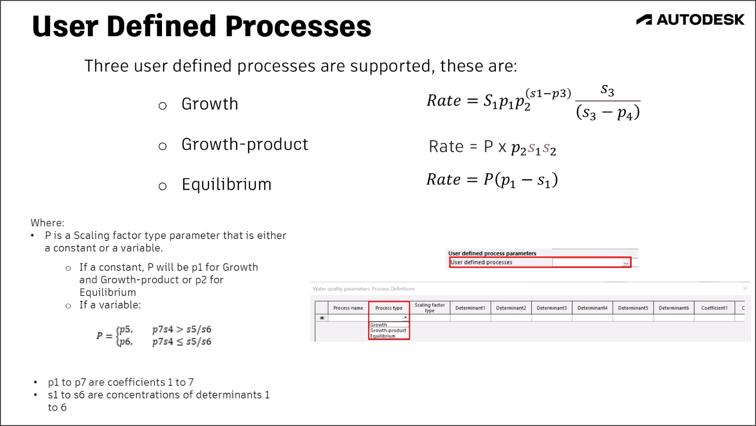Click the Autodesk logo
[690, 20]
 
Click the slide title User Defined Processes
[201, 27]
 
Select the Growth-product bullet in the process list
[244, 144]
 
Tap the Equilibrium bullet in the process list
[226, 185]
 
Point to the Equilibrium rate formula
[492, 180]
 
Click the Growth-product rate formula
[492, 147]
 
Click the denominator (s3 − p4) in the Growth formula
[608, 113]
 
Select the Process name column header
[348, 308]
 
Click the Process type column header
[389, 308]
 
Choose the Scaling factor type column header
[430, 308]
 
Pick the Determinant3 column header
[551, 308]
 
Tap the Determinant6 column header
[674, 308]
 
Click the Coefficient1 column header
[714, 308]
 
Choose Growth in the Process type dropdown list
[378, 325]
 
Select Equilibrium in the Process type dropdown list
[382, 336]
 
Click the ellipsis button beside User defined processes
[625, 263]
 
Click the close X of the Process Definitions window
[745, 289]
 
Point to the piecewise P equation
[154, 336]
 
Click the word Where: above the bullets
[47, 223]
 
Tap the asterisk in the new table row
[322, 318]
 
